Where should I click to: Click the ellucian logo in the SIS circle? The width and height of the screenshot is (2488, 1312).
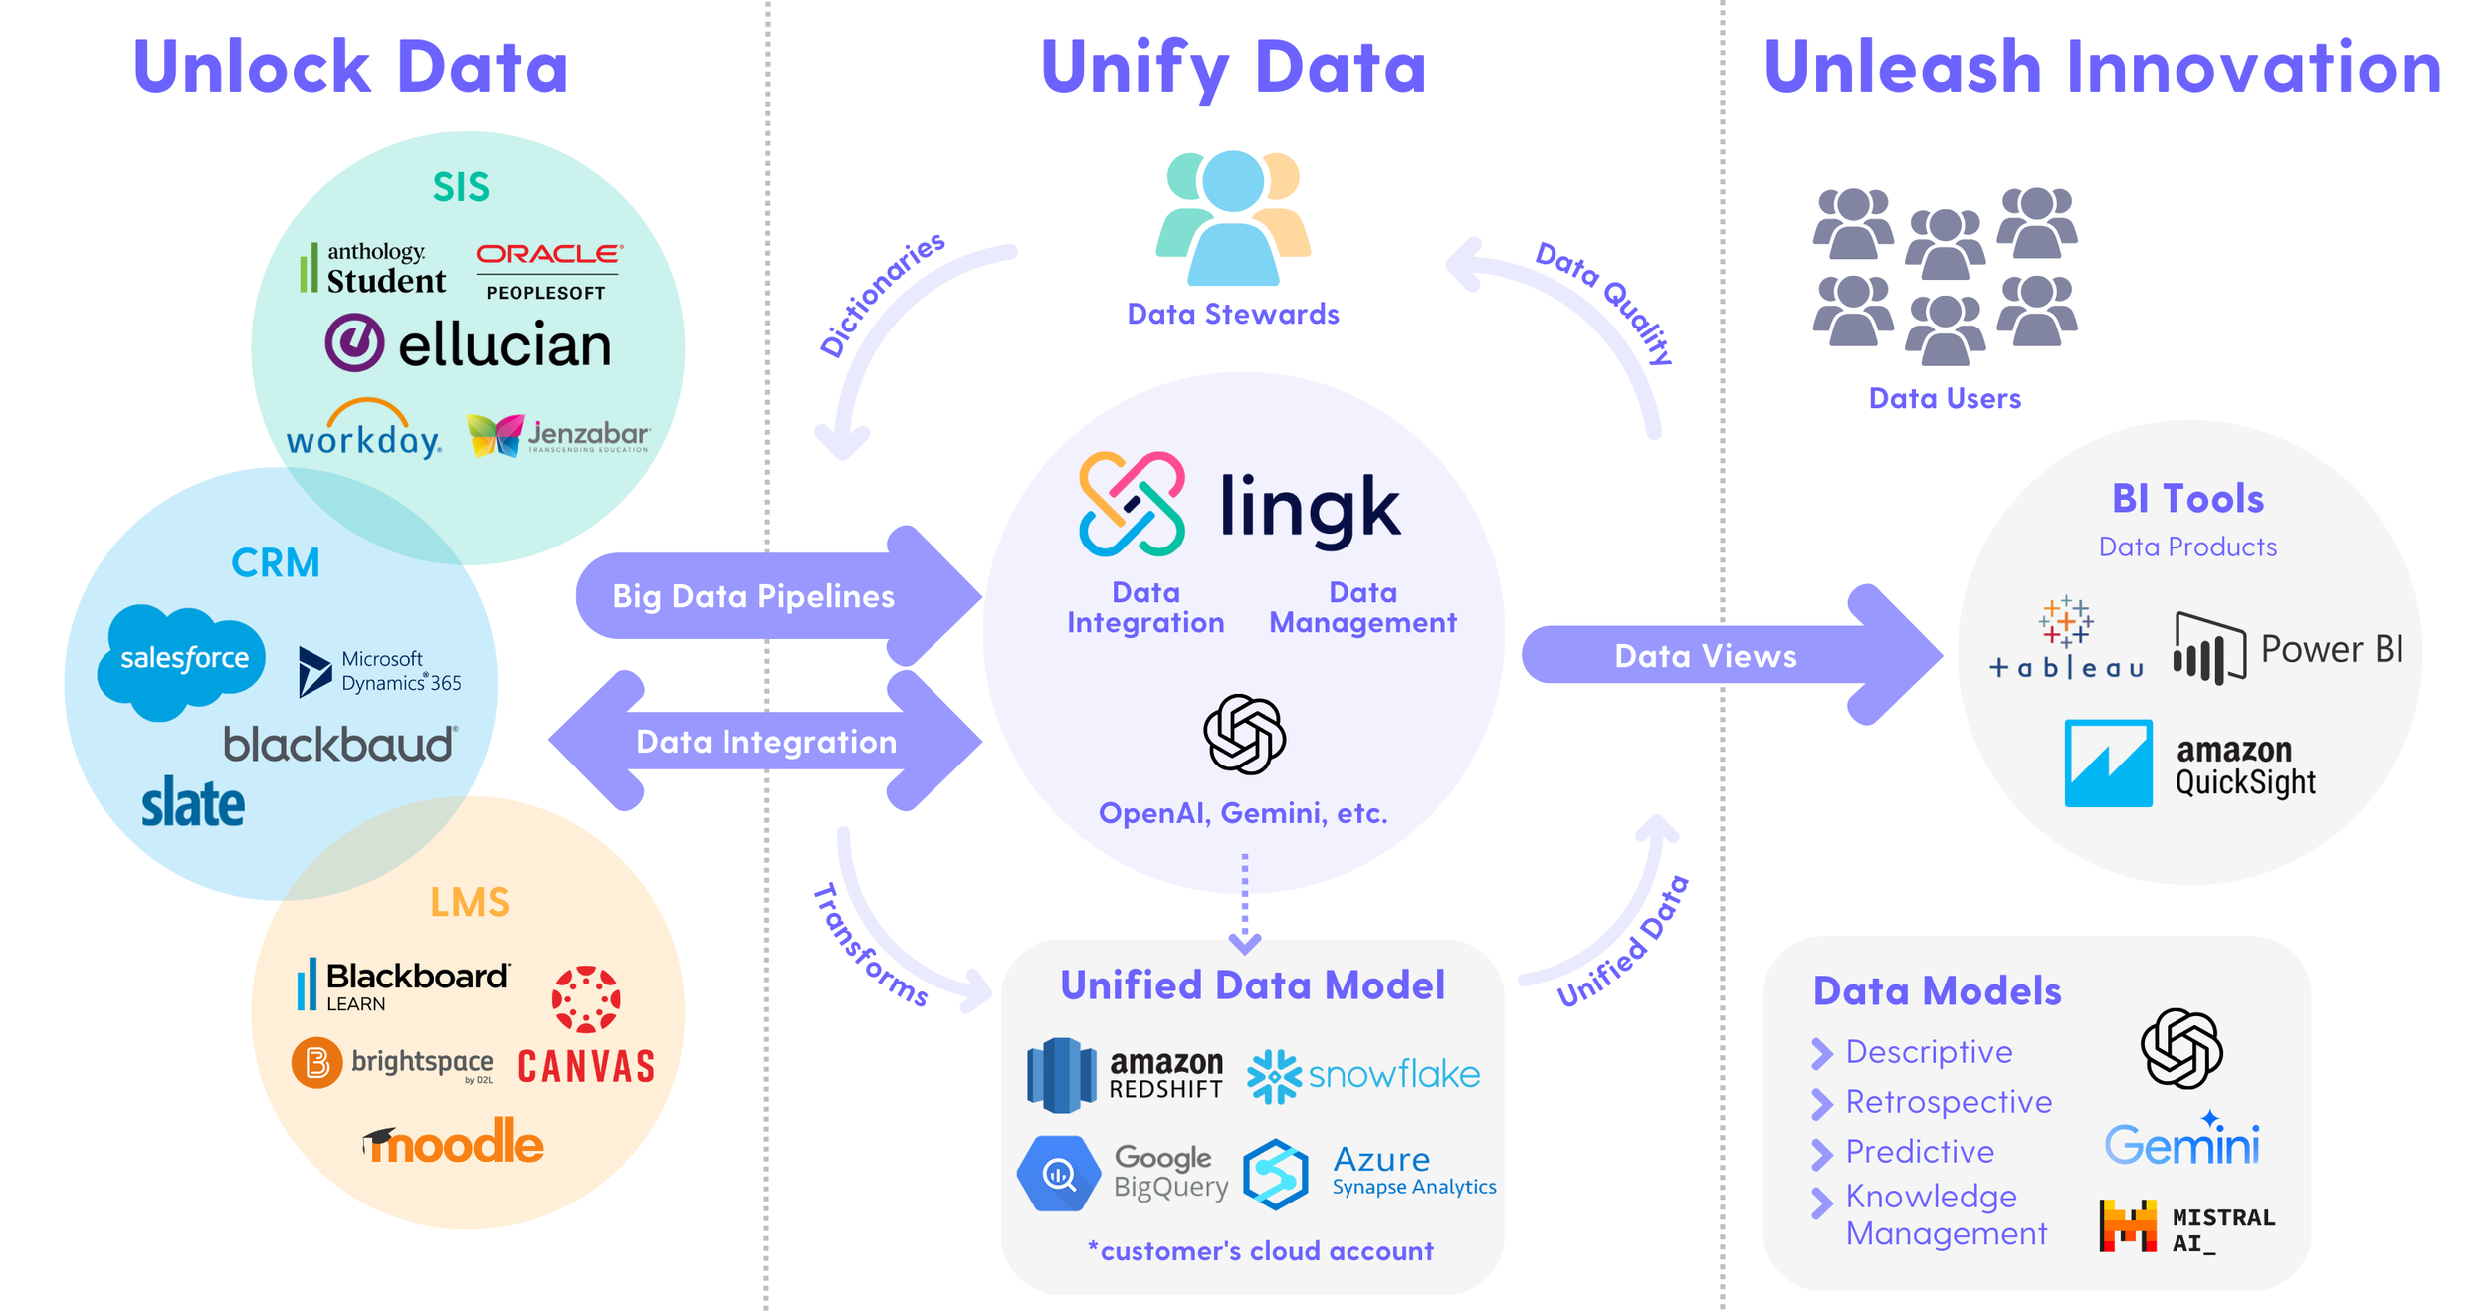pos(468,344)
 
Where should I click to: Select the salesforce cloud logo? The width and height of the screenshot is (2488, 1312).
pos(182,659)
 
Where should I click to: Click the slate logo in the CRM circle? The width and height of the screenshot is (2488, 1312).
pos(192,804)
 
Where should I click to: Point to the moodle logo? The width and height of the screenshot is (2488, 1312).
pos(454,1142)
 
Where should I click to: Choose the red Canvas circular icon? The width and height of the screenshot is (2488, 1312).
pos(586,998)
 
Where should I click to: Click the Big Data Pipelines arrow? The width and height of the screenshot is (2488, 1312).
pos(766,596)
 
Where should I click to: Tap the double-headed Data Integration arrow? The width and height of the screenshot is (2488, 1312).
pos(766,742)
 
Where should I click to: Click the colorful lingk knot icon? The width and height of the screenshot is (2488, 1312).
pos(1132,504)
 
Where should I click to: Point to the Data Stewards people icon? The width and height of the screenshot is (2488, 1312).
pos(1232,219)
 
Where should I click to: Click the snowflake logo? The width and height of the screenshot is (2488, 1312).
pos(1363,1075)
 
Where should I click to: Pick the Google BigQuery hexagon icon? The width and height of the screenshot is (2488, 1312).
pos(1058,1174)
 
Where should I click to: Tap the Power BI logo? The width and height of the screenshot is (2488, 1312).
pos(2287,649)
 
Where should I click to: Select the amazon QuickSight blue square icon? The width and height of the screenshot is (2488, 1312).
pos(2107,764)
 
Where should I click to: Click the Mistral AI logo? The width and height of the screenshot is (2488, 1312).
pos(2185,1227)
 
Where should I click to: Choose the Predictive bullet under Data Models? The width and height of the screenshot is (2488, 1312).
pos(1919,1152)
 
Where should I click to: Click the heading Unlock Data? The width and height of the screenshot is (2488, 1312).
pos(350,68)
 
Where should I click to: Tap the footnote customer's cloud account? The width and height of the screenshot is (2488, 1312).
pos(1261,1251)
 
